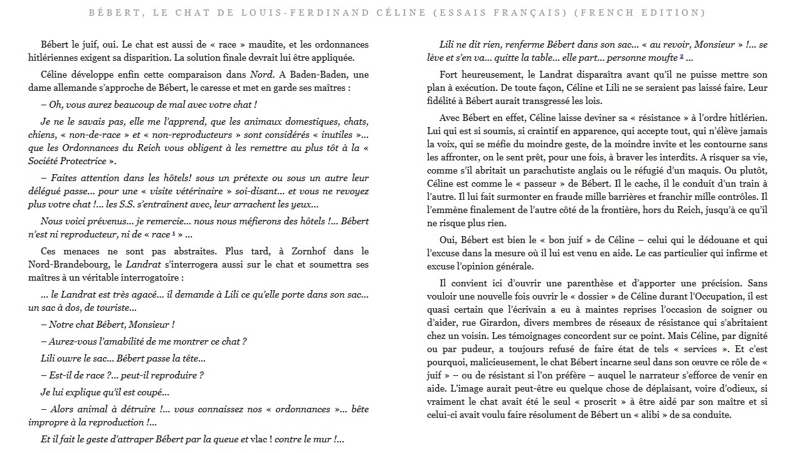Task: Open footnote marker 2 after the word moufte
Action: click(681, 58)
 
